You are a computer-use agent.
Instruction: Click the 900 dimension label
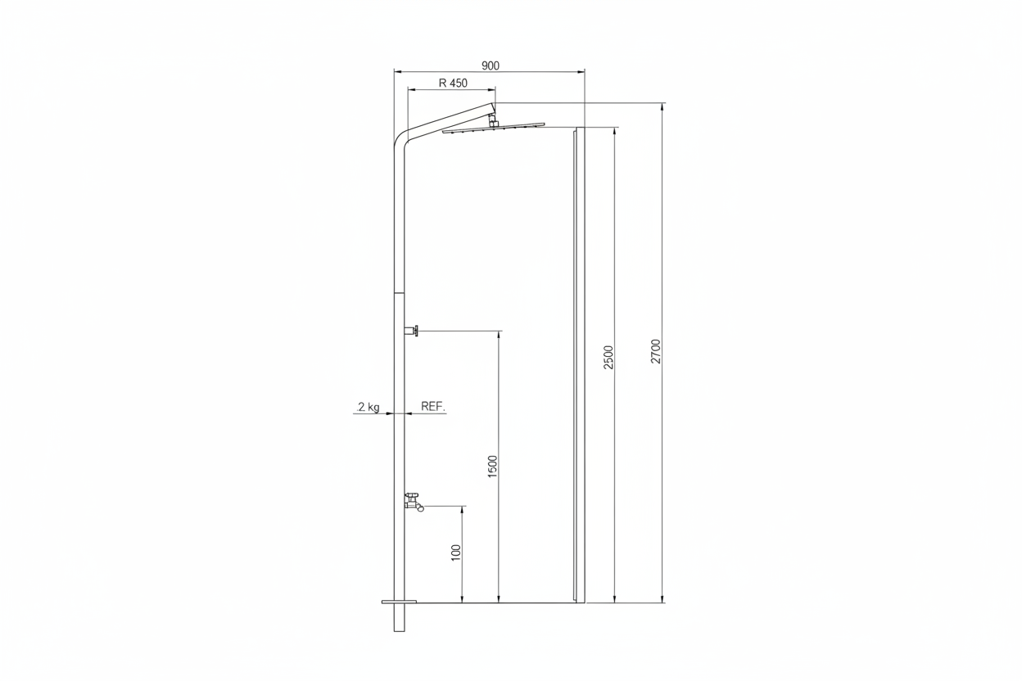pyautogui.click(x=491, y=65)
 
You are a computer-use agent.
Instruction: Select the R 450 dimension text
pyautogui.click(x=453, y=83)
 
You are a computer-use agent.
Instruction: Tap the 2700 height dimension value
pyautogui.click(x=656, y=351)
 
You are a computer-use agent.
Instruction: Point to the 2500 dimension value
pyautogui.click(x=609, y=357)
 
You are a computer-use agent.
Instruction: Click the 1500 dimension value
pyautogui.click(x=493, y=467)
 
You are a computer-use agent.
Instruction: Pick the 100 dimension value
pyautogui.click(x=456, y=552)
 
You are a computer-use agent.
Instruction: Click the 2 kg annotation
pyautogui.click(x=369, y=407)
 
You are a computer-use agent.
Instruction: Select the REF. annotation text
pyautogui.click(x=432, y=407)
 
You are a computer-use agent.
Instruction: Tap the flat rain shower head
pyautogui.click(x=494, y=128)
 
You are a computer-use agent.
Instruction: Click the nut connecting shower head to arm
pyautogui.click(x=493, y=121)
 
